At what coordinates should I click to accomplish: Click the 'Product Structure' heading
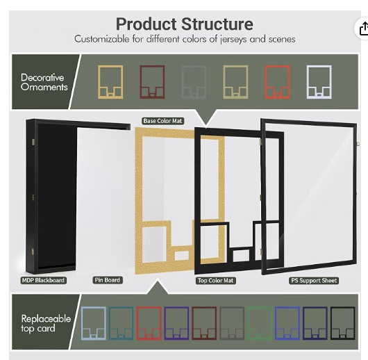click(185, 24)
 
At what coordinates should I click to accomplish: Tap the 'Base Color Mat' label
click(162, 121)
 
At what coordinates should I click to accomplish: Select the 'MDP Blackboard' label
click(43, 280)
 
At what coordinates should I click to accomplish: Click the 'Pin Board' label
click(108, 280)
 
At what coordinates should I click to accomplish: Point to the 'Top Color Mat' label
click(216, 281)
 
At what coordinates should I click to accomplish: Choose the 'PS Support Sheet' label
click(314, 281)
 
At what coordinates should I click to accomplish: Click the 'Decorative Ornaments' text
click(44, 82)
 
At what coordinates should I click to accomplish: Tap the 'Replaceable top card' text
click(46, 323)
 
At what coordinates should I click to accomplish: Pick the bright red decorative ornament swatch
click(278, 82)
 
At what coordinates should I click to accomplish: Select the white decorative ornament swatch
click(319, 82)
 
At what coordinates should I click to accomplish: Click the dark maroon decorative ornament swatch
click(152, 82)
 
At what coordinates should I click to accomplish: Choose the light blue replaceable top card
click(94, 323)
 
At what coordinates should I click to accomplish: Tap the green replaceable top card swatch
click(260, 323)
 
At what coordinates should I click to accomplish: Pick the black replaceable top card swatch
click(342, 323)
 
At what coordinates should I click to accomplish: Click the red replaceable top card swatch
click(149, 323)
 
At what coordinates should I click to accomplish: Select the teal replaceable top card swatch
click(121, 323)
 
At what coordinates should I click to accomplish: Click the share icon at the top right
click(363, 29)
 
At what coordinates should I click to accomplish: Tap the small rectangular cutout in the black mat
click(241, 256)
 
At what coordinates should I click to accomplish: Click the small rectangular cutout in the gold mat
click(182, 256)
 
